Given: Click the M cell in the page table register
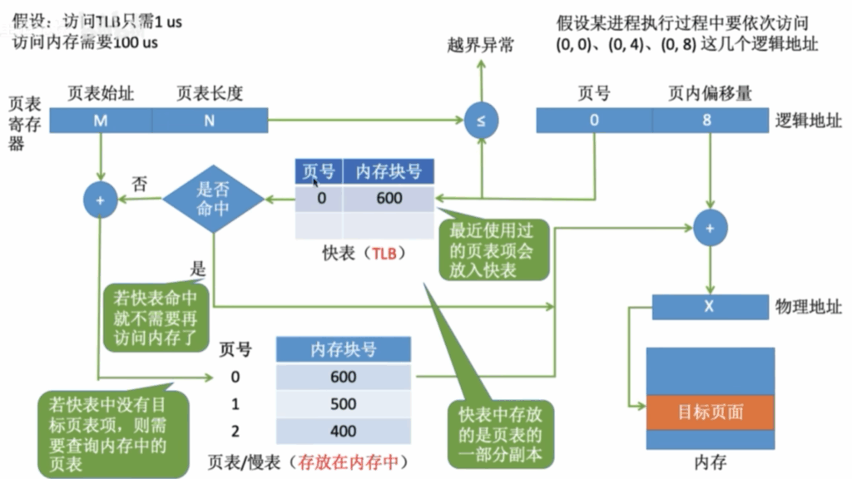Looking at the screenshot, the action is point(101,120).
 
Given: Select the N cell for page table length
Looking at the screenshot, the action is point(210,120).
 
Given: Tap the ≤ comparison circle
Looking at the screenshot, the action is point(481,120).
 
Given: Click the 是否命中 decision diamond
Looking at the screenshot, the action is point(213,199).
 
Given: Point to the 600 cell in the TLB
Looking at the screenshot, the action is point(389,198).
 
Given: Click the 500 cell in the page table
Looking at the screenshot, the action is point(344,404).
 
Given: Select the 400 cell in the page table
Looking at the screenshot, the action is point(344,432).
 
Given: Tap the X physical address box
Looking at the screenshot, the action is point(710,307).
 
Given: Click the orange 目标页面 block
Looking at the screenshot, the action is point(711,412).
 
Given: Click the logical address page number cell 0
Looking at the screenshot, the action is point(594,120).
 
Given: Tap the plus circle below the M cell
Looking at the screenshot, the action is point(101,200).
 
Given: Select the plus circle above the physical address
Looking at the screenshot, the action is point(711,228).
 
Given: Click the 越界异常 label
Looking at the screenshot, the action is point(480,45).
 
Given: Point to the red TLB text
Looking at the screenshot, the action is point(384,254).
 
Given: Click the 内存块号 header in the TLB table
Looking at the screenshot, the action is point(389,171).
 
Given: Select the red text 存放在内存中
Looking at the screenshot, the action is point(348,462).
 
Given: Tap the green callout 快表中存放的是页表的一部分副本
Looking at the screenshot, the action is point(500,434).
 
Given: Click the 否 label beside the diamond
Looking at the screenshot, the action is point(140,184).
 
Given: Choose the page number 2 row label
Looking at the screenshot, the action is point(235,432).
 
